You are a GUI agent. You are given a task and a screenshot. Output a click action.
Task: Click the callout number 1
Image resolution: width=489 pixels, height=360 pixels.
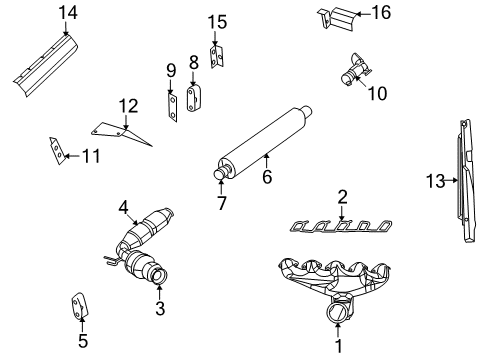click(x=338, y=347)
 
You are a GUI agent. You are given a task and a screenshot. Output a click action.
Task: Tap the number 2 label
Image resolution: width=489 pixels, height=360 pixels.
click(x=342, y=197)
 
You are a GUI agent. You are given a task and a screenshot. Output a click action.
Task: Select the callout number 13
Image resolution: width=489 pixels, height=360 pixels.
click(x=432, y=181)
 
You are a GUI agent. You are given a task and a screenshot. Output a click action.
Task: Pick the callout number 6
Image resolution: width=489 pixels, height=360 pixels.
click(x=267, y=177)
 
